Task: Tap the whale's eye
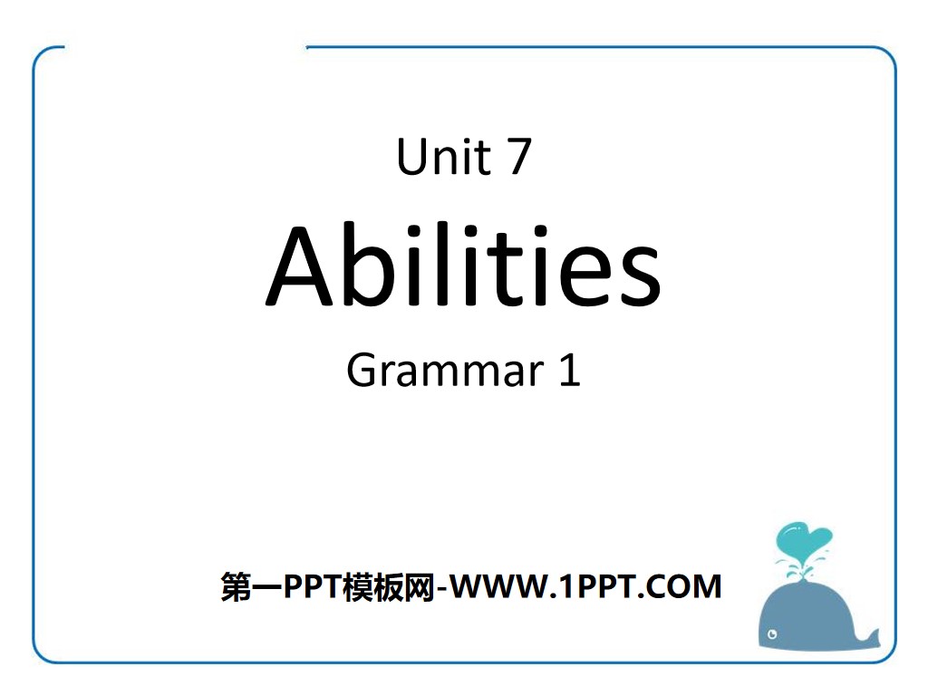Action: (x=773, y=632)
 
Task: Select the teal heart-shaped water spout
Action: (x=798, y=542)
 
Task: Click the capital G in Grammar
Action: (x=362, y=371)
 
